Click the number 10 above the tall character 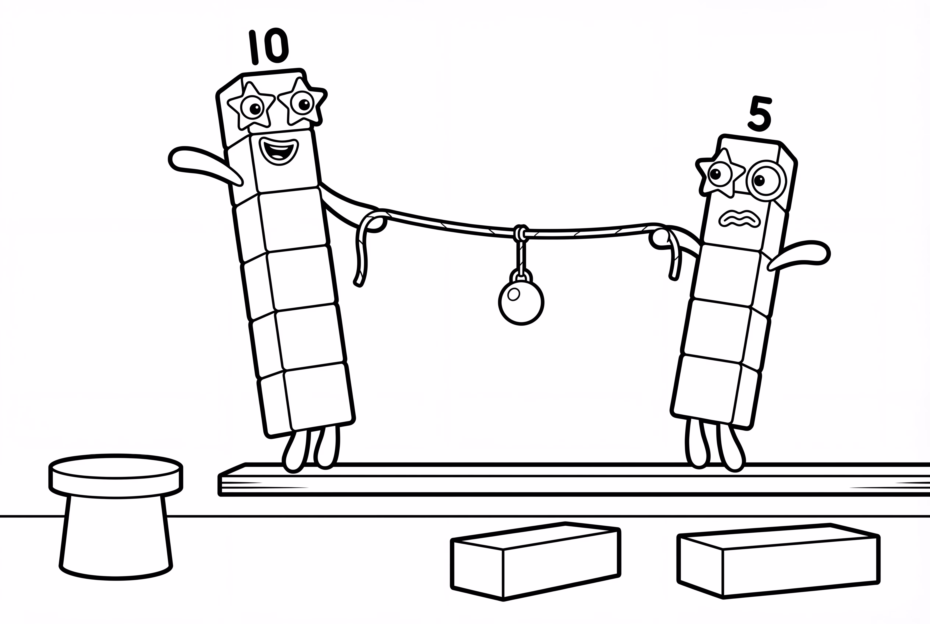pyautogui.click(x=269, y=47)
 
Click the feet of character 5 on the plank pyautogui.click(x=715, y=450)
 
